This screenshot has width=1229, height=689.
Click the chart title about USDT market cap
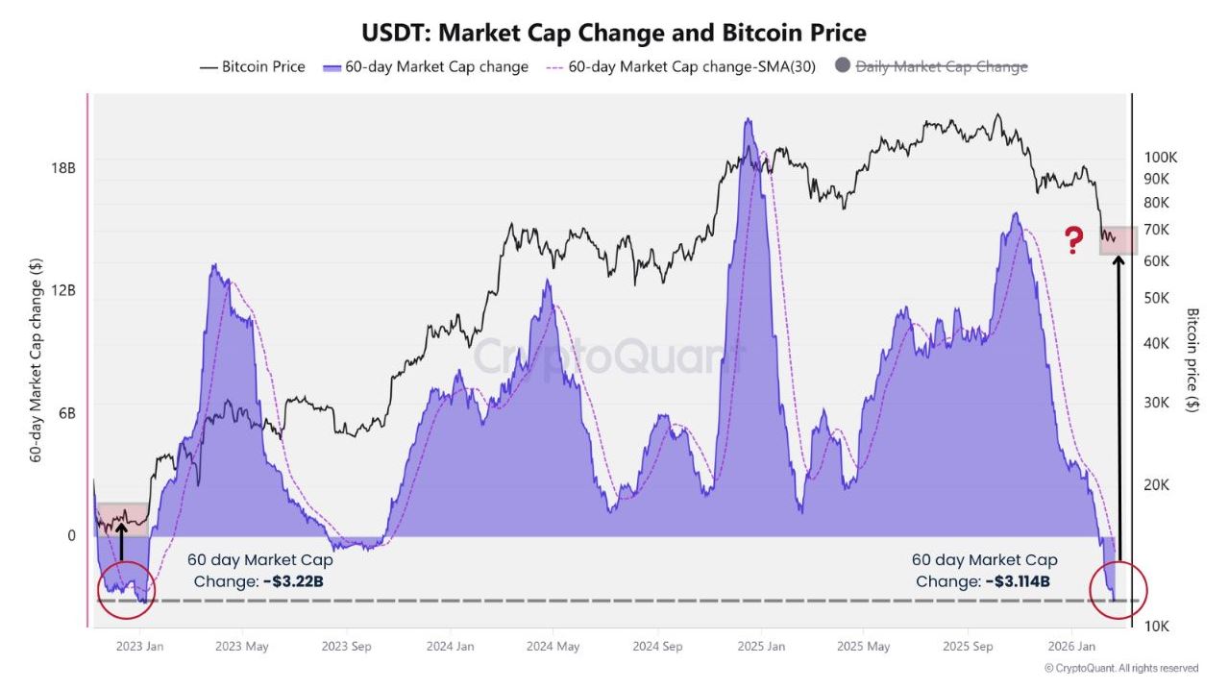click(613, 33)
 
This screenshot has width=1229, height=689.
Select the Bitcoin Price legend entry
click(253, 67)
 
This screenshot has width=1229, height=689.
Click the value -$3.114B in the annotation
click(1017, 581)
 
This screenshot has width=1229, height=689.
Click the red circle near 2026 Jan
click(1118, 589)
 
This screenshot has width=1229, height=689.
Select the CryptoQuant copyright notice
click(1120, 668)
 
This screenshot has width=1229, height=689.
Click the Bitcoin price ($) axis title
click(1192, 359)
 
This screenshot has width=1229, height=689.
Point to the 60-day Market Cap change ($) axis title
click(36, 359)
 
